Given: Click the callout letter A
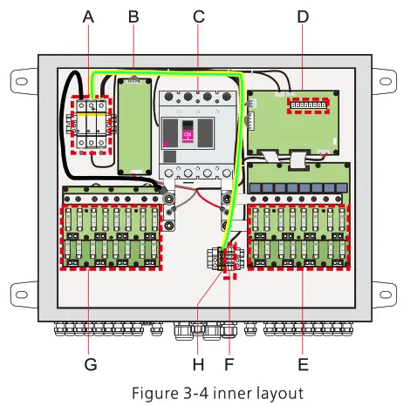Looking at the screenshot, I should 87,17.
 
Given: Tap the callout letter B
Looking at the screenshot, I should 133,17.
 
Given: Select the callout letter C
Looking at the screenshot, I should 199,17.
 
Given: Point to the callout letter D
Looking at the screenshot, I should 302,17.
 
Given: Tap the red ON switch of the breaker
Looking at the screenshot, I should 188,136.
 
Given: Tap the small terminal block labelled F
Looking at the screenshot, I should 229,260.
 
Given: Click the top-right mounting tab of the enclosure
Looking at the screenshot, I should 386,79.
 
